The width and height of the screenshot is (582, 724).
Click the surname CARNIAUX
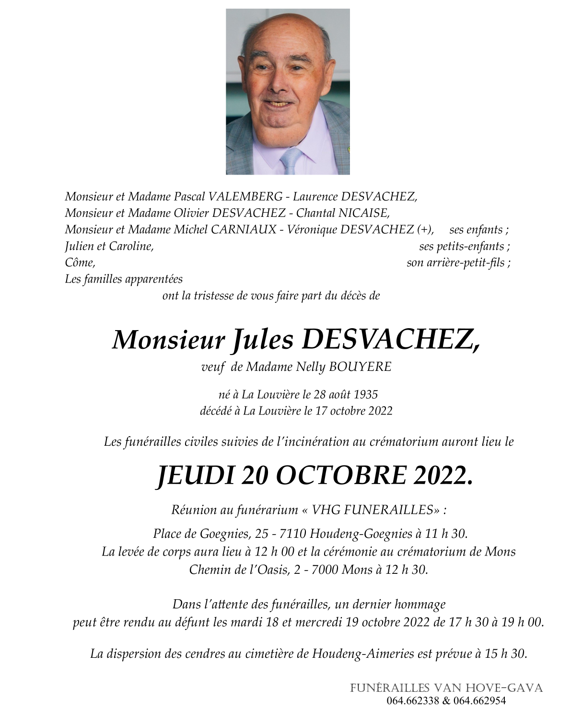[x=244, y=229]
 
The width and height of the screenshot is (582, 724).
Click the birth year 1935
[x=366, y=394]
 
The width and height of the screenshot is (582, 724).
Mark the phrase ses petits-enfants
[x=464, y=246]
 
